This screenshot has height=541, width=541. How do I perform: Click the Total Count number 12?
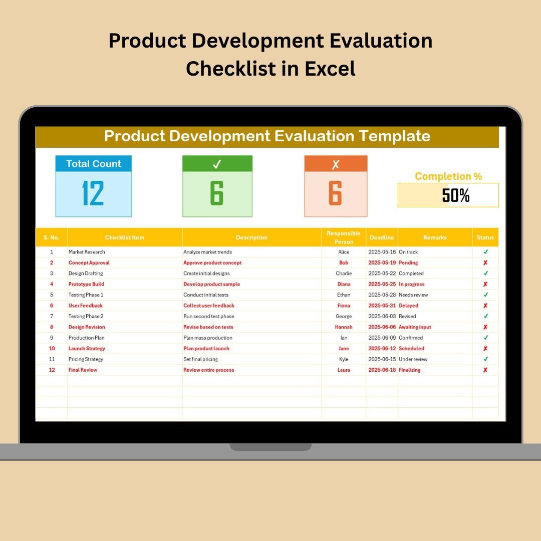point(93,193)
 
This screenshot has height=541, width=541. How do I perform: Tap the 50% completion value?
point(455,195)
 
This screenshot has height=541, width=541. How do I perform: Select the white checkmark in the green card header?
point(217,164)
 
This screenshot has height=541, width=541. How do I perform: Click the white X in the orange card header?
point(335,164)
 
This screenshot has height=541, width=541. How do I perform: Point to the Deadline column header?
point(382,237)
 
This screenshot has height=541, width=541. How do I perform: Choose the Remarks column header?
point(435,237)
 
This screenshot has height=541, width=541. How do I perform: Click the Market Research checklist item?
point(87,252)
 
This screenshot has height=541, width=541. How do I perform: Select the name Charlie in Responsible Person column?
point(344,274)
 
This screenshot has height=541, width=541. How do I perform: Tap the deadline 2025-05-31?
point(382,306)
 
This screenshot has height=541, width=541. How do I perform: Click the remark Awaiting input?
point(415,327)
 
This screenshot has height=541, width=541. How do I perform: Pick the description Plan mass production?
point(208,338)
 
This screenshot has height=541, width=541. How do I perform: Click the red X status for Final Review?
point(485,370)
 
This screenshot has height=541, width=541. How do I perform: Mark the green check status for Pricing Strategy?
point(485,359)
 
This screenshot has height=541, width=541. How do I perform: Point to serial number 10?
point(52,349)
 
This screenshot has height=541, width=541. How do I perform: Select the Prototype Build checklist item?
point(86,284)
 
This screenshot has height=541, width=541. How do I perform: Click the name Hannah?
point(344,327)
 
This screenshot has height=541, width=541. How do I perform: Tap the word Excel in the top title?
point(330,68)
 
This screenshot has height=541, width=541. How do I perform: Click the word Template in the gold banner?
point(394,136)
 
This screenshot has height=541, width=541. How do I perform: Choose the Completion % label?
point(448,176)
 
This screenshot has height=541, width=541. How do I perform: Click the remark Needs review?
point(413,295)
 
